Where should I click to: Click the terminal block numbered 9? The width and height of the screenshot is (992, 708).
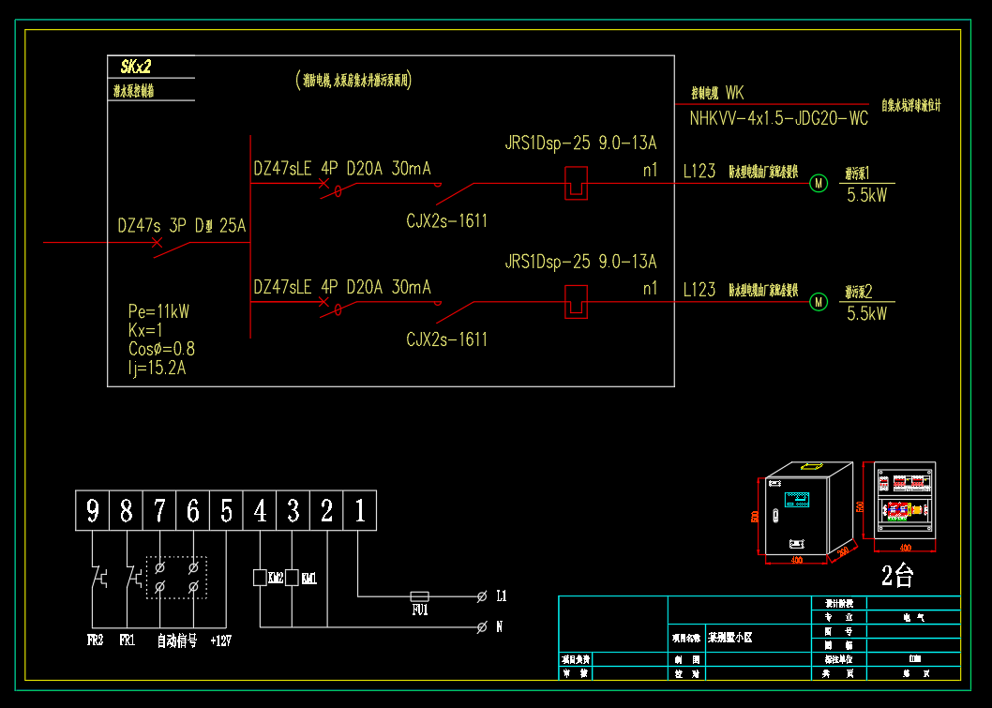tap(92, 511)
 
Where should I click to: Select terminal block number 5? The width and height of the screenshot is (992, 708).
tap(226, 511)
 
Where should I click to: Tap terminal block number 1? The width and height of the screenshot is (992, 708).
tap(360, 511)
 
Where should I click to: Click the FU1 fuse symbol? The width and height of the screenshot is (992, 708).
tap(420, 595)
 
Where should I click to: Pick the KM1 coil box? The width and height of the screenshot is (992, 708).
tap(292, 578)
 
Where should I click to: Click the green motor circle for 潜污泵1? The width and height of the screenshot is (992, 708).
tap(819, 183)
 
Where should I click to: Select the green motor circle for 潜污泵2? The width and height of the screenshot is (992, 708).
tap(819, 302)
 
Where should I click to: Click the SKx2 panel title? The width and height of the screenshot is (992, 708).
tap(135, 67)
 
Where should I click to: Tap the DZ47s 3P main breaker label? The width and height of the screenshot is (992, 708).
tap(181, 226)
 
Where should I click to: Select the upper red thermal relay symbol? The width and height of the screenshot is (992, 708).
tap(575, 183)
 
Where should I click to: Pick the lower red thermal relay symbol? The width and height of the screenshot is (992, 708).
tap(575, 302)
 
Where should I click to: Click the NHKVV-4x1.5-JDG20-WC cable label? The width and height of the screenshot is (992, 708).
tap(778, 119)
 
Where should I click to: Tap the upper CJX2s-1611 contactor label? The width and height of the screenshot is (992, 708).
tap(446, 221)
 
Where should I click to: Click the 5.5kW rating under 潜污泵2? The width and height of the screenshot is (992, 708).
tap(866, 315)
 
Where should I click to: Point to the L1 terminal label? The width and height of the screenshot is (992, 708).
tap(502, 595)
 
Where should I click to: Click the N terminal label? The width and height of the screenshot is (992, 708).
tap(500, 625)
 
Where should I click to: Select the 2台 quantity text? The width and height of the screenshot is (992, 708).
tap(897, 576)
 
